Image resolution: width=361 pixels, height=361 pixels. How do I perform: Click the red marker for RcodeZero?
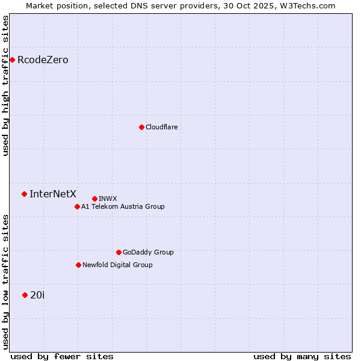[x=12, y=60]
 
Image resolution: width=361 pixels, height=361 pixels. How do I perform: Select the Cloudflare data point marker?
[x=141, y=127]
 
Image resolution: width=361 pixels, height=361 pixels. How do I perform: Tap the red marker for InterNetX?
[x=24, y=194]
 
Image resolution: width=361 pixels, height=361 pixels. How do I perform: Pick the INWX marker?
[x=94, y=199]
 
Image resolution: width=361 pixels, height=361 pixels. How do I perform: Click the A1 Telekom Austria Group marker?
[x=77, y=206]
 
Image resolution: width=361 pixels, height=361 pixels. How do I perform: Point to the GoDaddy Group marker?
[x=119, y=252]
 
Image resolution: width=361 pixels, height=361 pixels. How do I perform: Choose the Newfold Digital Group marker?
[x=78, y=265]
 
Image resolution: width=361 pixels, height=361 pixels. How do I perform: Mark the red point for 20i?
[x=25, y=295]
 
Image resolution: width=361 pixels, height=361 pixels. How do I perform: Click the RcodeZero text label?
[x=43, y=60]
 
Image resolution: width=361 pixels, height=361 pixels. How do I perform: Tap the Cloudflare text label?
[x=161, y=127]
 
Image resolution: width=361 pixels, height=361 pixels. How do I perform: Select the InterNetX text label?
[x=53, y=194]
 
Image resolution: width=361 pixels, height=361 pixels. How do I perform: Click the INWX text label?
[x=108, y=199]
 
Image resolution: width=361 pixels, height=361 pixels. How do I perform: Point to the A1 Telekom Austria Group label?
[x=123, y=206]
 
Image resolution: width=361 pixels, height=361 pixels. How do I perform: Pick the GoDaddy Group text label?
[x=148, y=252]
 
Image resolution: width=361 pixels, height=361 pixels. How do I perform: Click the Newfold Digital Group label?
[x=117, y=265]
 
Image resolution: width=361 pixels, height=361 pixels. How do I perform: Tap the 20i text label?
[x=37, y=295]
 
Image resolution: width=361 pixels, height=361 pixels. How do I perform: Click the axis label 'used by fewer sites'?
[x=62, y=356]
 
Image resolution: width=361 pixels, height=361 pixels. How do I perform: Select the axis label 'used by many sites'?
[x=302, y=356]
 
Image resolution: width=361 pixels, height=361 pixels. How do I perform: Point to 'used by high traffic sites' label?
[x=5, y=85]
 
